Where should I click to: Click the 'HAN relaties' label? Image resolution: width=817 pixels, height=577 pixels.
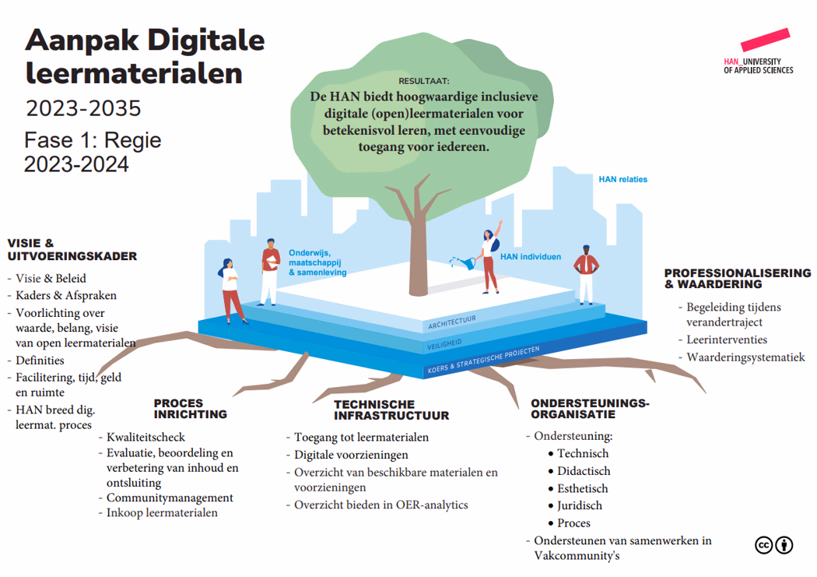click(622, 179)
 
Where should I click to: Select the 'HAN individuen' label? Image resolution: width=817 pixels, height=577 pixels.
click(530, 256)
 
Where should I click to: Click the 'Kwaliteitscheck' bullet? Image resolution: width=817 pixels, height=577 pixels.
click(146, 437)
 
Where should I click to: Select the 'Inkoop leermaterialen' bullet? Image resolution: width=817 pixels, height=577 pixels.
click(162, 512)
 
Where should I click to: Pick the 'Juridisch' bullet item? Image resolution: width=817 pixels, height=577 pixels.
click(579, 505)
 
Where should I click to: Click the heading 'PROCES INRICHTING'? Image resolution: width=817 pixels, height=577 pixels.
click(190, 408)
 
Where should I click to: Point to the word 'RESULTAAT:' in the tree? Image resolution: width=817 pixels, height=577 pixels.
click(424, 81)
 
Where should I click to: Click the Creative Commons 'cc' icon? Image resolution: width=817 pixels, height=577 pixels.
click(763, 545)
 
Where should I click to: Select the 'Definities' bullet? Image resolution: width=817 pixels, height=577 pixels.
click(40, 361)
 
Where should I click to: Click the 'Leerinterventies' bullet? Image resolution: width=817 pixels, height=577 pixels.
click(726, 340)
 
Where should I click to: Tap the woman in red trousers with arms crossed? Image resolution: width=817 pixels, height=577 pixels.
click(231, 291)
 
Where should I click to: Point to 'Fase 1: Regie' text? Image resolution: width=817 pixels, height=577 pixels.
click(93, 140)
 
